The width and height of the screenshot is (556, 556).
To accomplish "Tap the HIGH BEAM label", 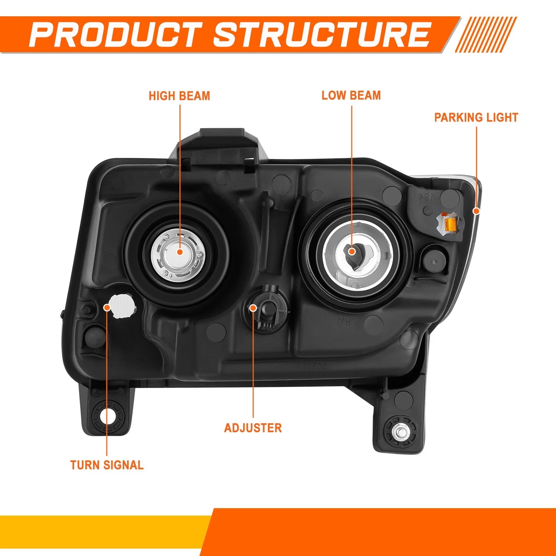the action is coord(179,96).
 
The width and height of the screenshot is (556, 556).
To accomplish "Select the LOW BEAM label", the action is coord(351,95).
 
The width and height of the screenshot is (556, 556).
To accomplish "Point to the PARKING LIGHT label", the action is coord(476,118).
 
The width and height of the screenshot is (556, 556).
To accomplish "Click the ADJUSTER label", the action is coord(253,428).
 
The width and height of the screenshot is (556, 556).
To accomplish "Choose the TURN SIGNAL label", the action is coord(107,465).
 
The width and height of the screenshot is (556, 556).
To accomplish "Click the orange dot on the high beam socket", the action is coord(180,252).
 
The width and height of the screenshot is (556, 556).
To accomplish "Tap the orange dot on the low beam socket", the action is coord(352,252).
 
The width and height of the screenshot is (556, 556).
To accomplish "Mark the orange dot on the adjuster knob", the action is coord(253,308).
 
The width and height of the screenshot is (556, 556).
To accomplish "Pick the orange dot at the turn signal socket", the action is coord(107,307).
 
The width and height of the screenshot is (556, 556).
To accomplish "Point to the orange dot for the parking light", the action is coord(476,211).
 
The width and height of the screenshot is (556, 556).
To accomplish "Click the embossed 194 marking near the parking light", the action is coord(427,196).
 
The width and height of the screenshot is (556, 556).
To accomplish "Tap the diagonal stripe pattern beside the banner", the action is coord(486,34).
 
